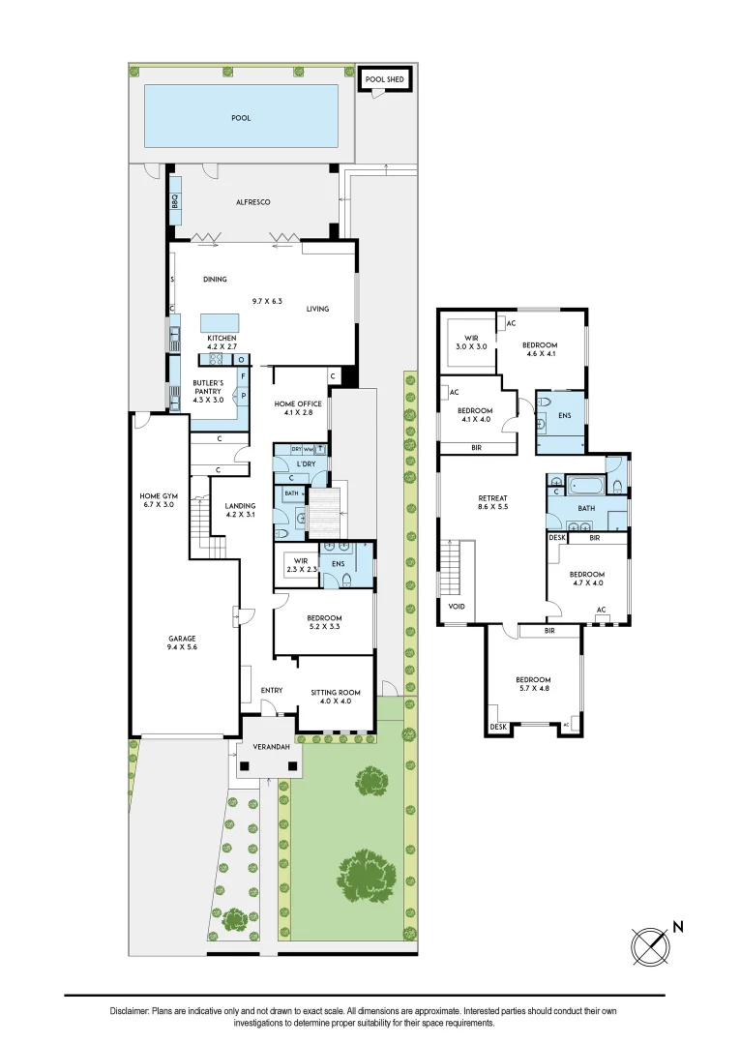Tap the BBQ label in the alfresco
[176, 202]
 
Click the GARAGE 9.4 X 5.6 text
[182, 643]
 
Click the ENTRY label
[272, 690]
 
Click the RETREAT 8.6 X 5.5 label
[492, 500]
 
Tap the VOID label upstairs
[456, 607]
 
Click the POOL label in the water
[240, 118]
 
